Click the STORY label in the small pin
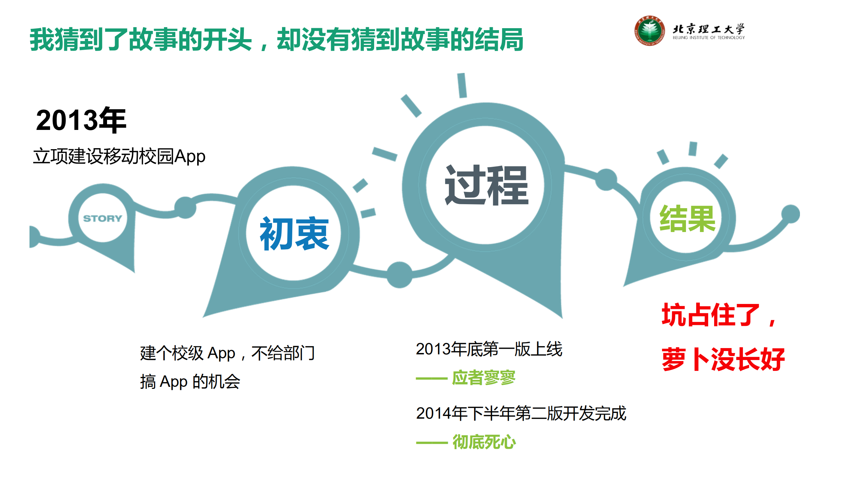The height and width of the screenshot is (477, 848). point(102,218)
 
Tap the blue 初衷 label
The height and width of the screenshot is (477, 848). point(294,234)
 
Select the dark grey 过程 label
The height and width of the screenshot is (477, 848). point(486,185)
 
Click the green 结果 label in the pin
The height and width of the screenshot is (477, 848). point(687,218)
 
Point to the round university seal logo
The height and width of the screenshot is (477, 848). point(649,30)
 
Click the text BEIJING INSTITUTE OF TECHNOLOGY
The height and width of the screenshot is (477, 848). point(708,38)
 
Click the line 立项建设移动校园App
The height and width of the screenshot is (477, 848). point(119,156)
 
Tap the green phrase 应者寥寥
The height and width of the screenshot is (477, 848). point(484,378)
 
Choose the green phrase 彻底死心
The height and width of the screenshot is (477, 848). point(484,442)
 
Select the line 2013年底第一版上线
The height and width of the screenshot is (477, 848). point(489,349)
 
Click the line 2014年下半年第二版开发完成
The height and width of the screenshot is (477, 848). point(521,413)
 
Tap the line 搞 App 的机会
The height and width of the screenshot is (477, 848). point(190,382)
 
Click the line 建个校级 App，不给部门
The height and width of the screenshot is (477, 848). point(227,353)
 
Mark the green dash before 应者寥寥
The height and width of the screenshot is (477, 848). point(431,379)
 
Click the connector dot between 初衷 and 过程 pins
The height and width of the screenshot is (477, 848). point(399,275)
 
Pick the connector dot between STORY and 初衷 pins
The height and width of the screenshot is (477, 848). point(185,208)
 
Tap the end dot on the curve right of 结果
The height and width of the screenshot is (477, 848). point(791,214)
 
